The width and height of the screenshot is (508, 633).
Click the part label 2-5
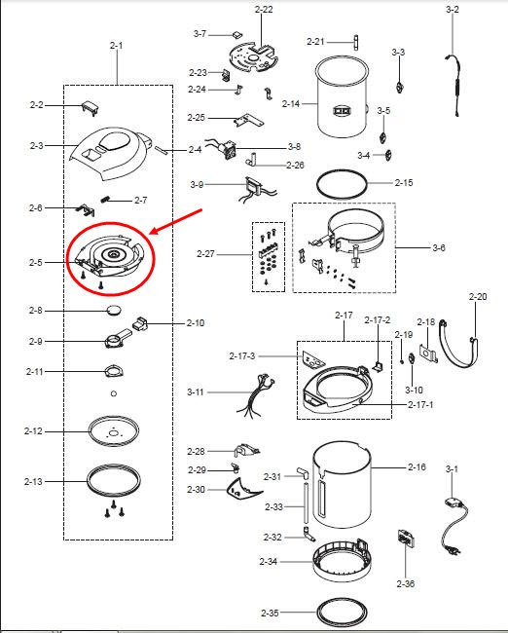[x=35, y=262]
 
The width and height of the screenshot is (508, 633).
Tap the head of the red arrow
[x=151, y=234]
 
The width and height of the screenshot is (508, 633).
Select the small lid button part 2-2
[x=91, y=108]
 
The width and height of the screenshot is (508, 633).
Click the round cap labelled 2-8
[x=114, y=311]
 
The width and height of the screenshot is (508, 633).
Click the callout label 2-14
[x=291, y=104]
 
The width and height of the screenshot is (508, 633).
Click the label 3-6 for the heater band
[x=439, y=247]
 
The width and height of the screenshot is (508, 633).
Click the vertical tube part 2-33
[x=306, y=503]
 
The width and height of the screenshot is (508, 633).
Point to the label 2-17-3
[x=242, y=356]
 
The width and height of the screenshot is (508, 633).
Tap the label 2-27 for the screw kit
[x=205, y=254]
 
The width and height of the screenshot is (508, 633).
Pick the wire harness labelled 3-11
[x=256, y=397]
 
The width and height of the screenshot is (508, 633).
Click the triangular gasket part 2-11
[x=114, y=371]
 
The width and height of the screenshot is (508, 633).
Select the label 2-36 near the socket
[x=406, y=583]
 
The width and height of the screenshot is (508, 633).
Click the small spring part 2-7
[x=106, y=199]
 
